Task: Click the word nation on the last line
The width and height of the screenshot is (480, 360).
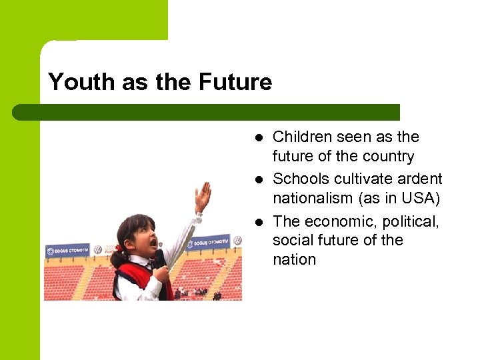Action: tap(294, 259)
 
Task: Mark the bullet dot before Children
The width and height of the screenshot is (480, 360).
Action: tap(259, 138)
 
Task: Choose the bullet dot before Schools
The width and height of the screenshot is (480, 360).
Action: tap(259, 179)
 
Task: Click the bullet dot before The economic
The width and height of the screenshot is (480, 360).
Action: tap(259, 221)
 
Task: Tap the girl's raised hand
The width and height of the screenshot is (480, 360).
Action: tap(203, 195)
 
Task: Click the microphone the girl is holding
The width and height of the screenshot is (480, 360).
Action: tap(160, 257)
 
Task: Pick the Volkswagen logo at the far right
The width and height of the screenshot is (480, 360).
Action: tap(236, 239)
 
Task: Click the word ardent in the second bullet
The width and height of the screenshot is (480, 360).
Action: tap(418, 179)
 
